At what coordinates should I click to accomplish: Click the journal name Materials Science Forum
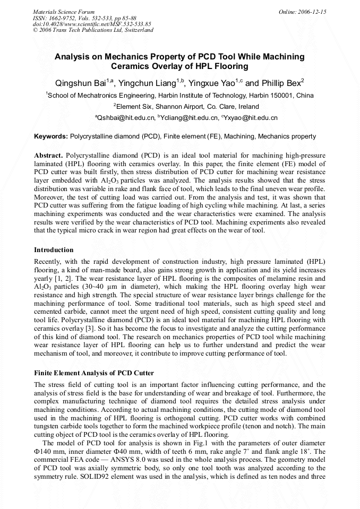tap(64, 11)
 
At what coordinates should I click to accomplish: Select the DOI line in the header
tap(92, 24)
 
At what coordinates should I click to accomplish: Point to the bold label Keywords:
tap(52, 136)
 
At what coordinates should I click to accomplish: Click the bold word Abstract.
tap(49, 155)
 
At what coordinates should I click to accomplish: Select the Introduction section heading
tap(54, 249)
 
